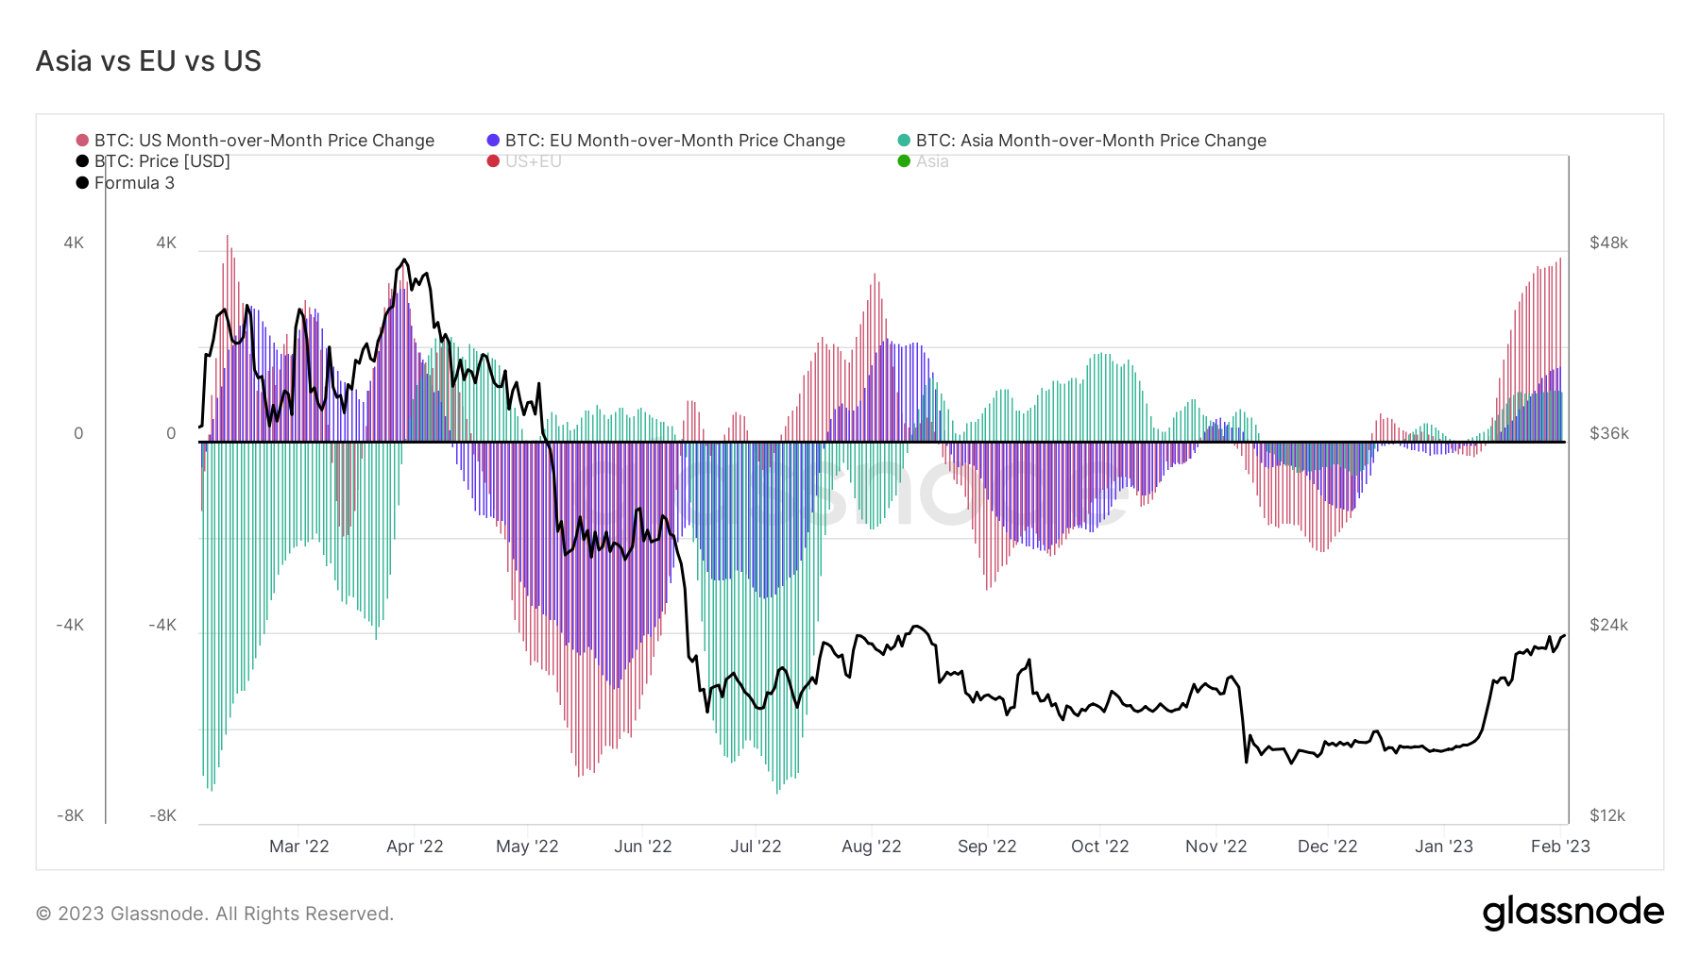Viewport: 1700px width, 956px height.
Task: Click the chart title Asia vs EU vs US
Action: tap(148, 61)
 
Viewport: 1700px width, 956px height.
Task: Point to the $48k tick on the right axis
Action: tap(1608, 243)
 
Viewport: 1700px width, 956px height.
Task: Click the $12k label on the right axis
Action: tap(1606, 815)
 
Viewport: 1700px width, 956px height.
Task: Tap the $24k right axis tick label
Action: tap(1608, 625)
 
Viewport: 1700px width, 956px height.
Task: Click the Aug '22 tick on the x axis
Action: tap(871, 847)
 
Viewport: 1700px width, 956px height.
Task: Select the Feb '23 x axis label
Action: tap(1559, 847)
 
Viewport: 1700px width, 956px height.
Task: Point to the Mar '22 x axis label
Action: tap(298, 847)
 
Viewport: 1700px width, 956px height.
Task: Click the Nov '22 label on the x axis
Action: tap(1215, 847)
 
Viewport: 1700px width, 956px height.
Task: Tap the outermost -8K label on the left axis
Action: tap(70, 815)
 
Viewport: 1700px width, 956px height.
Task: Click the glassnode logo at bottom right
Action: tap(1572, 913)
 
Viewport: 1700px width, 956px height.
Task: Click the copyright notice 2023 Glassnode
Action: tap(214, 914)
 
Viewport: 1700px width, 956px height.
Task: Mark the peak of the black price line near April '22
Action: tap(404, 260)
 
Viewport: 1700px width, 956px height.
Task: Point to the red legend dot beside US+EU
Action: tap(493, 161)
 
